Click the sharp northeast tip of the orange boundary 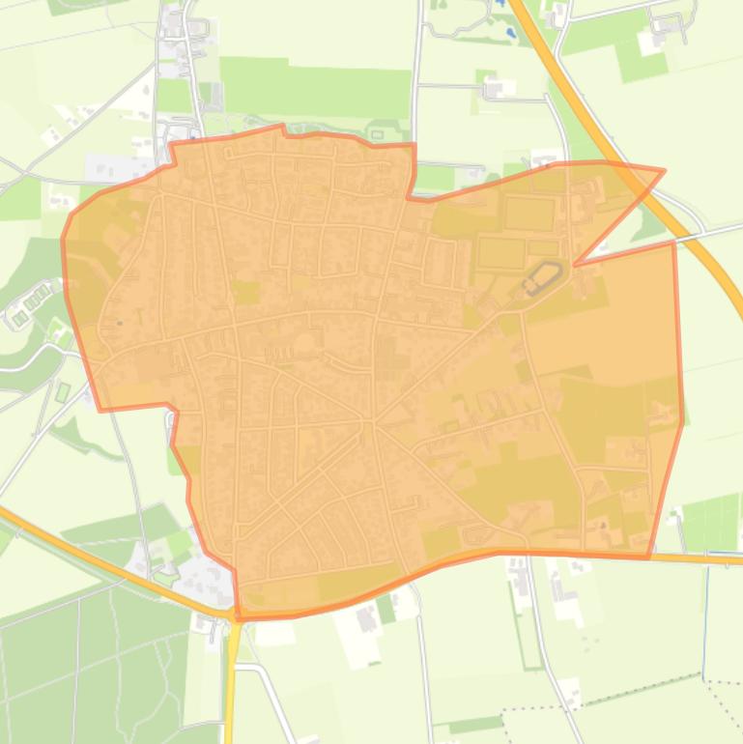click(664, 171)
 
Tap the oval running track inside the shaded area click(541, 277)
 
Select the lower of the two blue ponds click(511, 33)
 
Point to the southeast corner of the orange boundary click(648, 558)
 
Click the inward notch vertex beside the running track click(576, 264)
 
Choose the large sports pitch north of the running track click(529, 213)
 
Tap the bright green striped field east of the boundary click(711, 522)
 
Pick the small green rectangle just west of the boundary click(63, 391)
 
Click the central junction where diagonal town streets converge click(374, 422)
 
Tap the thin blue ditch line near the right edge click(706, 618)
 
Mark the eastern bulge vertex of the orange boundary click(682, 421)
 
